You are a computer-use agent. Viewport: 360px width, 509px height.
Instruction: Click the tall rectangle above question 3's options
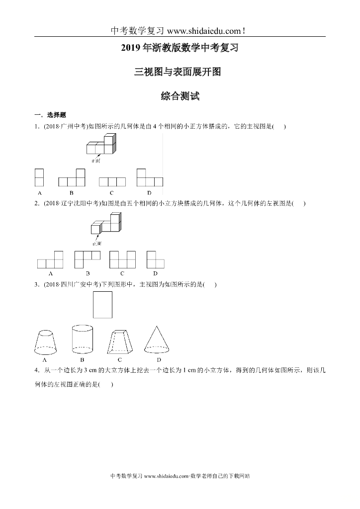pyautogui.click(x=102, y=304)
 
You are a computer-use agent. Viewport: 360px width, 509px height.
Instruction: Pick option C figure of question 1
pyautogui.click(x=112, y=181)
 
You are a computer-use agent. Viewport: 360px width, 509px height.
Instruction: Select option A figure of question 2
pyautogui.click(x=51, y=260)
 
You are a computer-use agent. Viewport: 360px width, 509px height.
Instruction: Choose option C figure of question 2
pyautogui.click(x=122, y=259)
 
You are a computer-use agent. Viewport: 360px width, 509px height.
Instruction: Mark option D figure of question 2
pyautogui.click(x=155, y=259)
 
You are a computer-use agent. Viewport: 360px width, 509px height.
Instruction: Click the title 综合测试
pyautogui.click(x=180, y=96)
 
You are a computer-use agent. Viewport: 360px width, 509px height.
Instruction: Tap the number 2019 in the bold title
pyautogui.click(x=131, y=49)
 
